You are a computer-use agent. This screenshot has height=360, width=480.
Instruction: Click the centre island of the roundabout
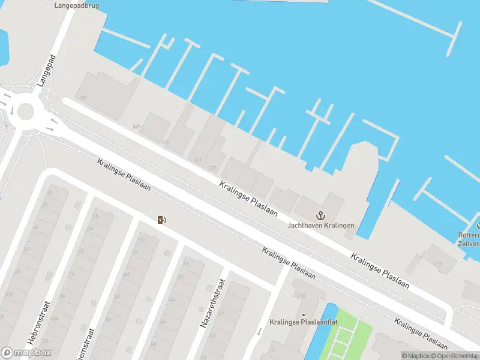(x=26, y=111)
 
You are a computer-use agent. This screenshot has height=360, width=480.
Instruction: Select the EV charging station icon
(x=161, y=220)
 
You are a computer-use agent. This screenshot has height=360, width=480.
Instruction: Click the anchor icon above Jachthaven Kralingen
(x=320, y=215)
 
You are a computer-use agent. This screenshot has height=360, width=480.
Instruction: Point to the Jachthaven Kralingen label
(x=320, y=226)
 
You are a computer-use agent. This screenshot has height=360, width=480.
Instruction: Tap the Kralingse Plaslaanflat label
(x=303, y=322)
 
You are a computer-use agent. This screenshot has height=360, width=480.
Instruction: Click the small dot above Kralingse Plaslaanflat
(x=303, y=314)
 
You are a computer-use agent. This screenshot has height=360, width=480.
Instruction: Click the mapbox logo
(x=26, y=353)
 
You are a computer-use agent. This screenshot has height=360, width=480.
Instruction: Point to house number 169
(x=136, y=127)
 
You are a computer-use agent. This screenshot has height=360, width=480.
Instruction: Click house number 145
(x=165, y=142)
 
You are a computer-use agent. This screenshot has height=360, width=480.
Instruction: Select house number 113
(x=437, y=264)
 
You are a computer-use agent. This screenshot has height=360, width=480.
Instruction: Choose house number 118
(x=301, y=296)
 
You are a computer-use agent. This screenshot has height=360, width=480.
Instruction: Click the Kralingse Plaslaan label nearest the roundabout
(x=124, y=175)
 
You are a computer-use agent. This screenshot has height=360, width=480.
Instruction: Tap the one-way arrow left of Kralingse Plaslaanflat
(x=259, y=331)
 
